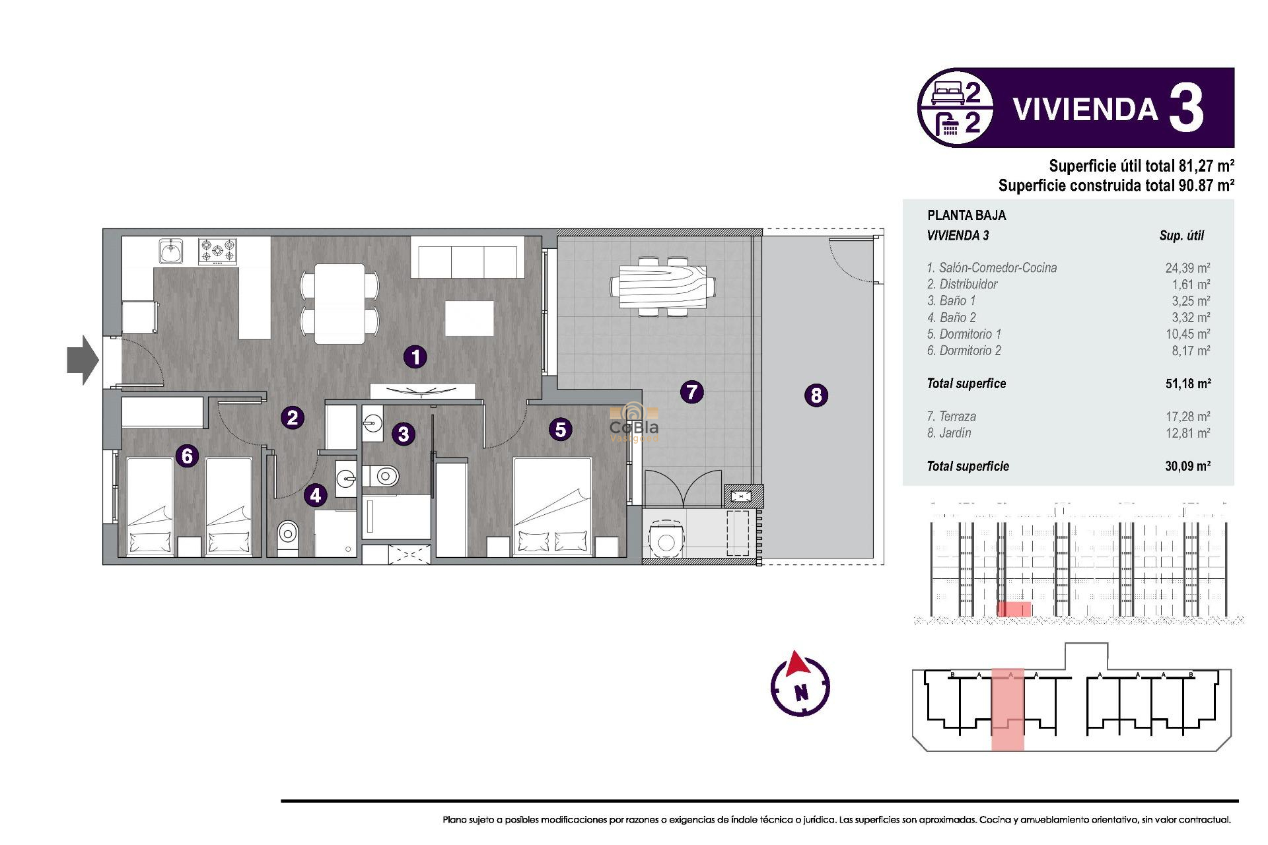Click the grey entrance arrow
click(83, 360)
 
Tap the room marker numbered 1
click(415, 357)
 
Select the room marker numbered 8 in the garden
click(816, 395)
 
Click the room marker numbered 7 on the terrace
click(691, 392)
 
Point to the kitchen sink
click(171, 252)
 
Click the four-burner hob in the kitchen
click(218, 252)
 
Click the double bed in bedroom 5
click(553, 507)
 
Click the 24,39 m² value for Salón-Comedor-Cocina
click(1187, 268)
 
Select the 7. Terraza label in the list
click(951, 417)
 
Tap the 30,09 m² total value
click(1187, 466)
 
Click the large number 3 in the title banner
click(1186, 108)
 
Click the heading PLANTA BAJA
click(966, 215)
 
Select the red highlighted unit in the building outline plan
click(1008, 710)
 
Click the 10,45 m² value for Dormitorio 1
click(1187, 334)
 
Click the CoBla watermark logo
click(633, 423)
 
